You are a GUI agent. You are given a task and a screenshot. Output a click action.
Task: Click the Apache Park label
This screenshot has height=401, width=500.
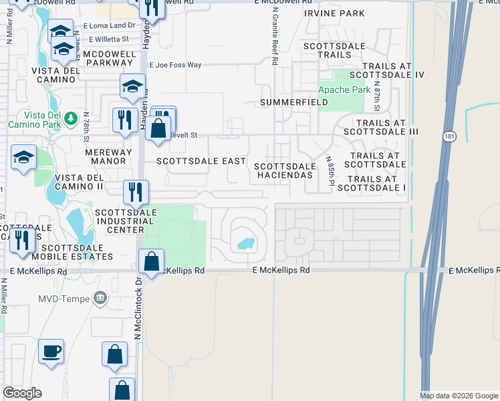[x=344, y=90]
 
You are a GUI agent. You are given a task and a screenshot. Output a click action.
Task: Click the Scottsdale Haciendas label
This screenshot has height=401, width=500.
[x=284, y=170]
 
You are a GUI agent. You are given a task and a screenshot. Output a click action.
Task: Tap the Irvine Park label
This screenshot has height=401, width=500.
[x=334, y=13]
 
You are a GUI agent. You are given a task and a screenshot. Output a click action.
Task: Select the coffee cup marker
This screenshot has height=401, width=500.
[x=51, y=350]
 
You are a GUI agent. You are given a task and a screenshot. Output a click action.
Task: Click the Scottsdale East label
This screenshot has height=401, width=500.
[x=191, y=161]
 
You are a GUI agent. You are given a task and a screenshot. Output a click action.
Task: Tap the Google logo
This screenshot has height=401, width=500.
[x=22, y=393]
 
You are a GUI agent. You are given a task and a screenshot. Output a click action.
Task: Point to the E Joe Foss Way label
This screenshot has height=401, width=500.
[x=175, y=65]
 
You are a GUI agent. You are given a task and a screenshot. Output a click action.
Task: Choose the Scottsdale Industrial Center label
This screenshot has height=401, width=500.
[x=126, y=221]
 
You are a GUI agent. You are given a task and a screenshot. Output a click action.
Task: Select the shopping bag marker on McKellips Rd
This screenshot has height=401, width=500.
[x=152, y=261]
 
